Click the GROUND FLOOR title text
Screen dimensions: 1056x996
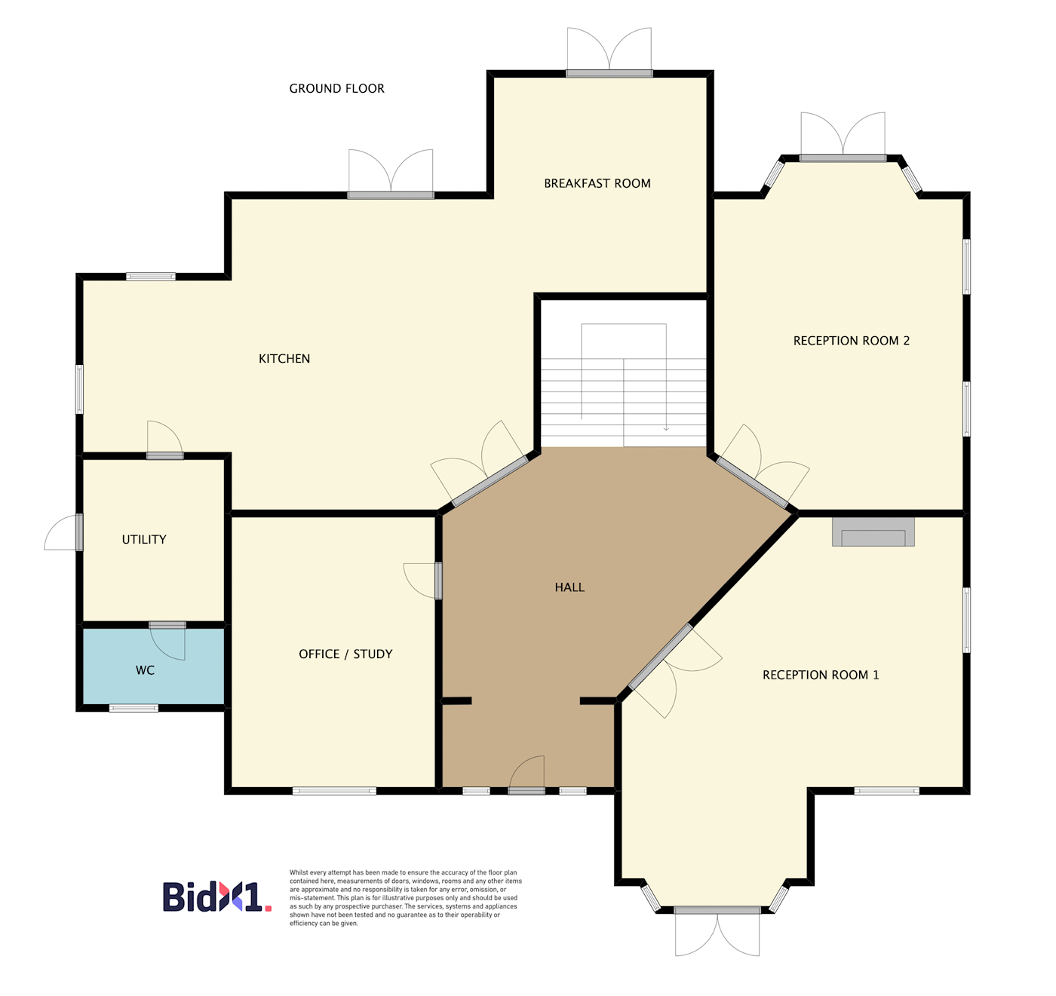(336, 88)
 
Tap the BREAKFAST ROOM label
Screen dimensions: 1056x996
(597, 183)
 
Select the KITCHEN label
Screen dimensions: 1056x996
(284, 358)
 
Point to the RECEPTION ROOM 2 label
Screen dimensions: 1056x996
(852, 340)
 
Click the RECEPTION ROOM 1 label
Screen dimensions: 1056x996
(821, 675)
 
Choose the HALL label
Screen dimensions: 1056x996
(569, 587)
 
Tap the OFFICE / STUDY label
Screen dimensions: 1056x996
(345, 654)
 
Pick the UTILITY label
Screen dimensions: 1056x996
(144, 539)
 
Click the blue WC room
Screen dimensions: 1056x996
(153, 667)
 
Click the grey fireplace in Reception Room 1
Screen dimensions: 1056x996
(873, 532)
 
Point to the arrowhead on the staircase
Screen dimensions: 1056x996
(666, 428)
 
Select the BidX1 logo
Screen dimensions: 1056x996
(217, 896)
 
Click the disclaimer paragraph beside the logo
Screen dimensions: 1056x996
(405, 898)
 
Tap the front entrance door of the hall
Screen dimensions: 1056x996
(526, 776)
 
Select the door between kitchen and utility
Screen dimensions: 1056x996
(165, 440)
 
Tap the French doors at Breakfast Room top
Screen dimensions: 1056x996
(609, 52)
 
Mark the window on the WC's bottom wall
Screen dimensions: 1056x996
(134, 708)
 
